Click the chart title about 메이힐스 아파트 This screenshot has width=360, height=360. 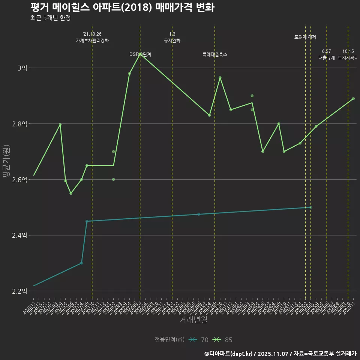pos(122,7)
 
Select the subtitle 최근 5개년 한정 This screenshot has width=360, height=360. pos(50,18)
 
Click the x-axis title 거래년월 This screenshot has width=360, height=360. pos(193,320)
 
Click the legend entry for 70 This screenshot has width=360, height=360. pos(199,340)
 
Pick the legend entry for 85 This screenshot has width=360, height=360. pos(223,340)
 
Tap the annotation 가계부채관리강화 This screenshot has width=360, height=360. pos(92,40)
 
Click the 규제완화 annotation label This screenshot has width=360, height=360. pos(172,40)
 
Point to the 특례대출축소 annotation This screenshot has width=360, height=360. pos(215,54)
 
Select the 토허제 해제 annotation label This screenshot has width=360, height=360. pos(305,37)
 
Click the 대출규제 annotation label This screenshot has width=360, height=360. pos(327,58)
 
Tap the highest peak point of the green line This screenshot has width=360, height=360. pos(140,54)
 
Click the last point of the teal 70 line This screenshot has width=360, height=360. pos(310,207)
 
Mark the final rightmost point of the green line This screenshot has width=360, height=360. pos(353,99)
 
